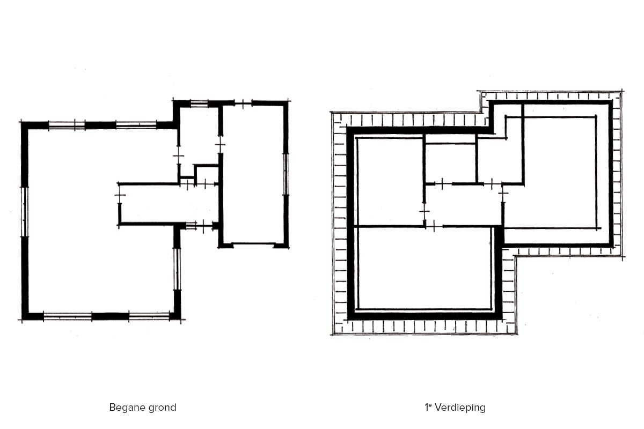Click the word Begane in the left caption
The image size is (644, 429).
tap(125, 408)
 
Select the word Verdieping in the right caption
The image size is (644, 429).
tap(460, 408)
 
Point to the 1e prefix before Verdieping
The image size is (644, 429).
tap(428, 406)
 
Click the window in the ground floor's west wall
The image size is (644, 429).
tap(25, 212)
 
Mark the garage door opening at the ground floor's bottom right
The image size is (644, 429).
tap(253, 244)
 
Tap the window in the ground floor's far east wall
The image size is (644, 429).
tap(286, 174)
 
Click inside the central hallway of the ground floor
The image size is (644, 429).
tap(169, 204)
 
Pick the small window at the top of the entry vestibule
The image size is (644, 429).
tap(199, 103)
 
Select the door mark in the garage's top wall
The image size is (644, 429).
tap(243, 103)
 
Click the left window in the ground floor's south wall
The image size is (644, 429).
tap(68, 316)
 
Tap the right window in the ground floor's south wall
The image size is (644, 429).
tap(149, 316)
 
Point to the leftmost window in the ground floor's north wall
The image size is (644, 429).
tap(67, 125)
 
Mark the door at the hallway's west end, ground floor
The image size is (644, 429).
tap(120, 195)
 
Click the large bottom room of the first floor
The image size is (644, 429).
tap(425, 268)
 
